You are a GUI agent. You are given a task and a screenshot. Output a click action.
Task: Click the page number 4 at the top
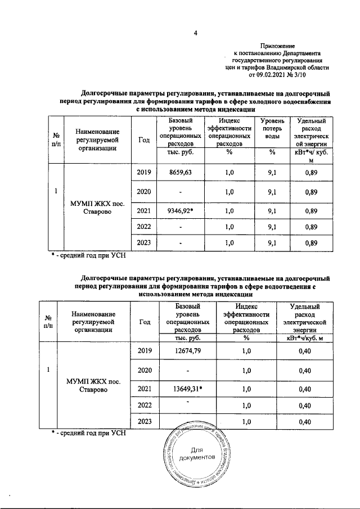click(x=195, y=32)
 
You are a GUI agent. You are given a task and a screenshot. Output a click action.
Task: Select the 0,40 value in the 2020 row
click(x=305, y=370)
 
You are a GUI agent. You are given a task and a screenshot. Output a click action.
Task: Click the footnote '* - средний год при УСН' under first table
click(x=85, y=256)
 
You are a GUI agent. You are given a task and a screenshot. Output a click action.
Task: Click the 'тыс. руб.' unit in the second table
click(x=181, y=338)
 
